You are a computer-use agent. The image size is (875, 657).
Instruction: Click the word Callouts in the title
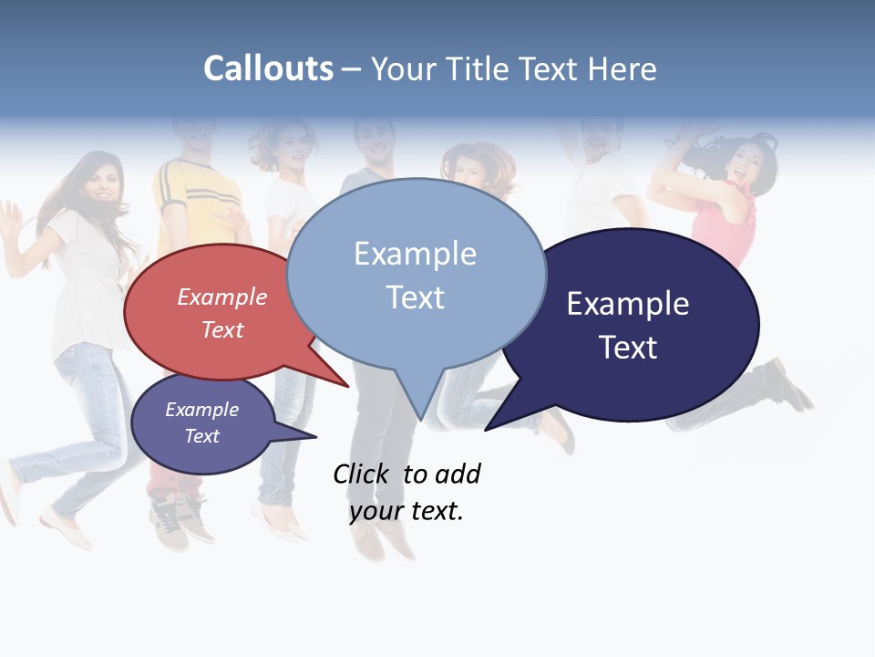tap(268, 69)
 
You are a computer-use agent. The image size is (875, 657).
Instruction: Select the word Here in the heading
tap(623, 69)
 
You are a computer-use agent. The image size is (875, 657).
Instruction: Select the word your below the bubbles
tap(376, 511)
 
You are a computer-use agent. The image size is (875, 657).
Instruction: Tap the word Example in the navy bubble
tap(627, 304)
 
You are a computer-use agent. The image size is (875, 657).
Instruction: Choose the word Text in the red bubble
tap(222, 329)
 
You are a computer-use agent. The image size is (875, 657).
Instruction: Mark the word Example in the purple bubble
tap(201, 410)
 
